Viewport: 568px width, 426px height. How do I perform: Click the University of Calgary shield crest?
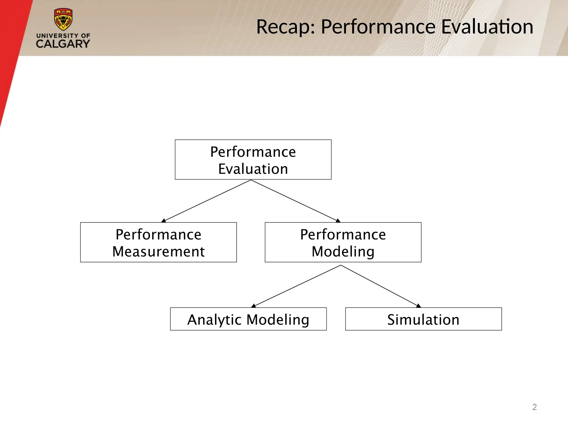63,19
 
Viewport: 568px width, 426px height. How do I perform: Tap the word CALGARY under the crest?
63,44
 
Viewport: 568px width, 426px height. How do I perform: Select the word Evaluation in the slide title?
487,27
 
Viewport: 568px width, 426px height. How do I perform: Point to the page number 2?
534,407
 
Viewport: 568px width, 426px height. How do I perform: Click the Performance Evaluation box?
253,160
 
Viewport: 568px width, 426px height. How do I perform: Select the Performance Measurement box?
158,242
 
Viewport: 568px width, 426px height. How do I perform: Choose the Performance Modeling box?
343,242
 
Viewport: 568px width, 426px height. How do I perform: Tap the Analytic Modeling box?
248,319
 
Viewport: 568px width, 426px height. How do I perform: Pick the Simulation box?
423,319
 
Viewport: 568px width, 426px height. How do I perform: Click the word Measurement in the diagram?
158,252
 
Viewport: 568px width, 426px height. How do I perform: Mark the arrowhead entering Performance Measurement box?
164,220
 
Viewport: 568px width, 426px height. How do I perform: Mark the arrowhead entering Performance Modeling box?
338,220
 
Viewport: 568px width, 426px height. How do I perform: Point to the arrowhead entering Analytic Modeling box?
253,306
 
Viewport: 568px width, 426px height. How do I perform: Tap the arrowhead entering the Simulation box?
419,306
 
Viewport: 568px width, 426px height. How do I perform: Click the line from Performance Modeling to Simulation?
379,285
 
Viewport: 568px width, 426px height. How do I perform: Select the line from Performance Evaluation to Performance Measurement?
207,201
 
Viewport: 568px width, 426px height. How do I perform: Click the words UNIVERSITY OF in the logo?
63,36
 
